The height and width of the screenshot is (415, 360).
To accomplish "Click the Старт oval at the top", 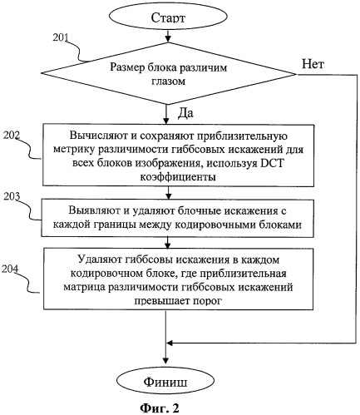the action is point(168,17).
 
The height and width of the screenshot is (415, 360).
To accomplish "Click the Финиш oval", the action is point(165,382).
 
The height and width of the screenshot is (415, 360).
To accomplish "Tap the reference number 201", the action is point(61,37).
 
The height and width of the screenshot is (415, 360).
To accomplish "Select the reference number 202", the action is point(12,135).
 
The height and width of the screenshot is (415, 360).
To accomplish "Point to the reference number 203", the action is point(12,196).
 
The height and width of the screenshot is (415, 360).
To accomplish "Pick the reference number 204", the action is point(10,269).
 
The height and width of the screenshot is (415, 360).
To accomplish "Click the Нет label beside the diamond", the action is point(313,64).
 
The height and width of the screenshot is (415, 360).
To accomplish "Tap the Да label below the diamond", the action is point(185,113).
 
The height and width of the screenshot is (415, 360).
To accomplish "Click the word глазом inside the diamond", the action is point(168,82).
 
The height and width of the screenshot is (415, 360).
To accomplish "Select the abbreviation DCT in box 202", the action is point(273,163).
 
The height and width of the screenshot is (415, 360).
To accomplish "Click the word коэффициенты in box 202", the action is point(178,176).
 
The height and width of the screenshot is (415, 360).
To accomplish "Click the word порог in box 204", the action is point(207,300).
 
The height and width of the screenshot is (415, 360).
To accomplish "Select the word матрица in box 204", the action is point(84,287).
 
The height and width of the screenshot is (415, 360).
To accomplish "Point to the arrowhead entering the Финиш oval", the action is point(165,360).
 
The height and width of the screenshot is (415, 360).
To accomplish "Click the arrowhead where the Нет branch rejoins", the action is point(170,343).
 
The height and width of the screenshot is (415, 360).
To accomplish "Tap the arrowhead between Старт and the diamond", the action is point(168,39).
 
